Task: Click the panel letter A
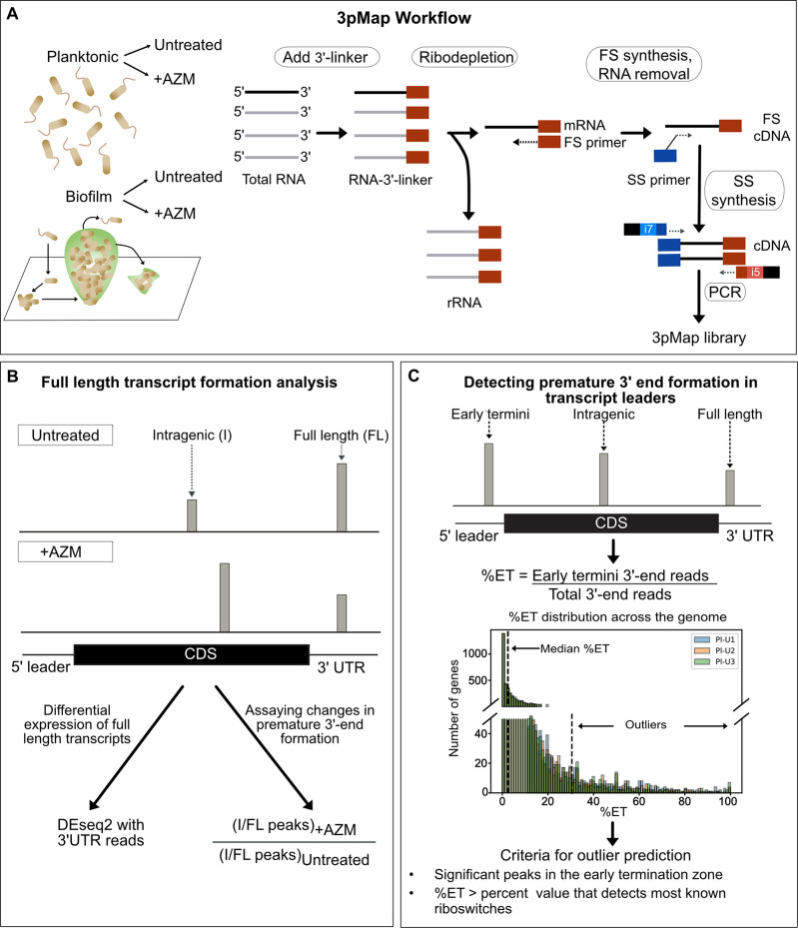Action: pyautogui.click(x=13, y=14)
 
